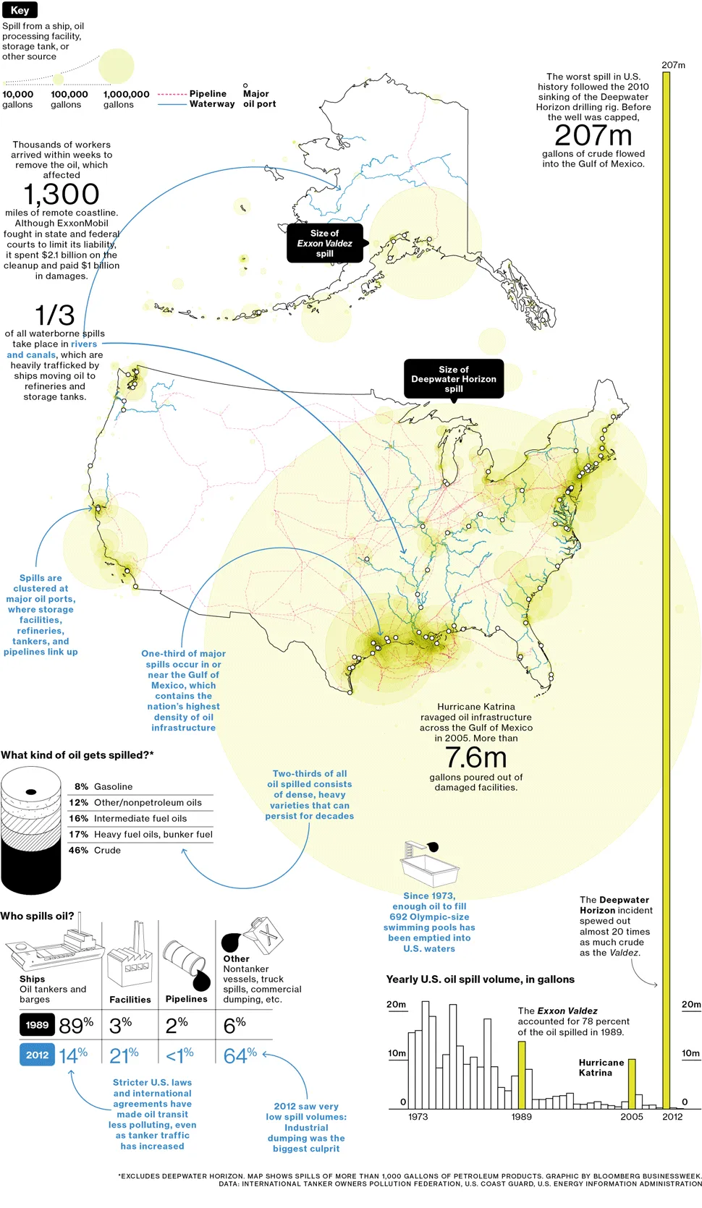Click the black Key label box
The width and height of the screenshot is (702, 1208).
coord(20,10)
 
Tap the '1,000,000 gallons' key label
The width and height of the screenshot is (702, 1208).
coord(126,99)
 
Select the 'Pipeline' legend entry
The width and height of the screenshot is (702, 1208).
coord(207,94)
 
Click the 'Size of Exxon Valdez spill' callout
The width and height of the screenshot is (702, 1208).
coord(324,243)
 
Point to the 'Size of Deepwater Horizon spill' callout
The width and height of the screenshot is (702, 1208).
coord(454,379)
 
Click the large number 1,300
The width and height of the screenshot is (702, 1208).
coord(62,194)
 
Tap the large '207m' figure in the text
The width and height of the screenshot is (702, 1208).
coord(593,135)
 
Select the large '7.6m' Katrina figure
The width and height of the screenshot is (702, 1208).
coord(475,757)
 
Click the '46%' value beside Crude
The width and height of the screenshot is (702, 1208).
coord(79,850)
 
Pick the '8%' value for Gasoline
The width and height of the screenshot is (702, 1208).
coord(81,786)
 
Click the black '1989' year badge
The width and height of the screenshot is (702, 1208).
coord(37,1025)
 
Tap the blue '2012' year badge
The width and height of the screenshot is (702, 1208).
coord(37,1055)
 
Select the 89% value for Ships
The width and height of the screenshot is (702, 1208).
coord(76,1025)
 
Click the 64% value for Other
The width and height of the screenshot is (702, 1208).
coord(240,1055)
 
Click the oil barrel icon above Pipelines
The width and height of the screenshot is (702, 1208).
coord(185,962)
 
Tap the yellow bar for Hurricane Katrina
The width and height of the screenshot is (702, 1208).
coord(631,1084)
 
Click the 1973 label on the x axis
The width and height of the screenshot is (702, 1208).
coord(418,1117)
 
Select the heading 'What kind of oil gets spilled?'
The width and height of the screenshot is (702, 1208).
coord(77,755)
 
